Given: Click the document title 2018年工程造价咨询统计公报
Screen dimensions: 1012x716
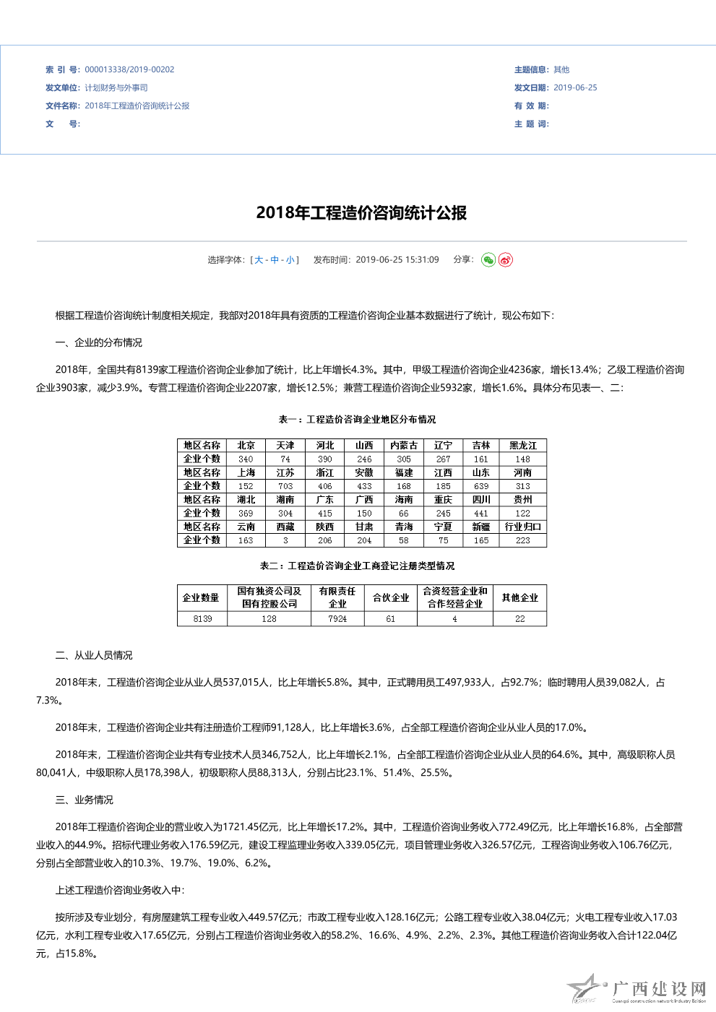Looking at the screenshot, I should coord(361,213).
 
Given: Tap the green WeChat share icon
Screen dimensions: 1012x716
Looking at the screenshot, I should coord(488,260).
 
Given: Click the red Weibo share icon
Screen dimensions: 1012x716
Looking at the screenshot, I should coord(506,260).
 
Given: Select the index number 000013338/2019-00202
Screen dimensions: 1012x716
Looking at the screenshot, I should coord(129,70).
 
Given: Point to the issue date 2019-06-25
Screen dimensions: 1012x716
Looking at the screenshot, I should coord(575,88).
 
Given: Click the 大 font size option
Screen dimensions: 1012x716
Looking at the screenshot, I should coord(259,260).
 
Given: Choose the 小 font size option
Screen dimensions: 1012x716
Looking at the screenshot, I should coord(290,260).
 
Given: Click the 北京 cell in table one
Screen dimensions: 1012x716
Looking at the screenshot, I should coord(246,446).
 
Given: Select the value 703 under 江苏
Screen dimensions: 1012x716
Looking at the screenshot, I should coord(285,486).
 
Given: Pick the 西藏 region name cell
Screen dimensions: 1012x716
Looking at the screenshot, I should coord(285,527).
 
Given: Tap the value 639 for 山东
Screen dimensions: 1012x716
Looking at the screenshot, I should coord(481,486).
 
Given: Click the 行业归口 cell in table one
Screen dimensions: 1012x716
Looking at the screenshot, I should coord(523,527).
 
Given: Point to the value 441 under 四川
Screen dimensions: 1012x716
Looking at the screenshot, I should coord(481,514).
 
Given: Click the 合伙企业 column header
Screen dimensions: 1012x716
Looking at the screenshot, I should coord(391,598).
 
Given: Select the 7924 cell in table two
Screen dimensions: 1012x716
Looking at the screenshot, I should coord(337,619).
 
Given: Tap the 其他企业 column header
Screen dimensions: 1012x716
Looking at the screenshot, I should coord(520,598).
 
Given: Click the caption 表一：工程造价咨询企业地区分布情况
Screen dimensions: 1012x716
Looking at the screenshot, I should coord(358,420).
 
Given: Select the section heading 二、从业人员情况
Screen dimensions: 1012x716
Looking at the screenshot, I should coord(94,656).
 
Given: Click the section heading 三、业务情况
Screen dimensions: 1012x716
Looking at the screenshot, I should coord(85,800).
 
